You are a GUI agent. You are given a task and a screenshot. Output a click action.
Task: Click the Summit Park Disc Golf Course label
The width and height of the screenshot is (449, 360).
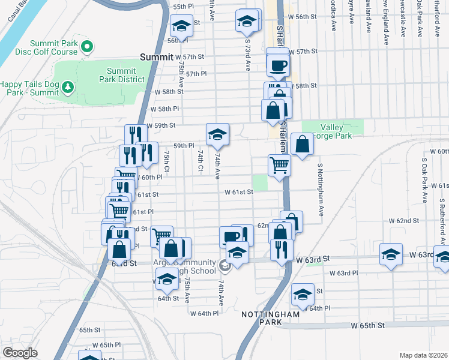click(x=47, y=47)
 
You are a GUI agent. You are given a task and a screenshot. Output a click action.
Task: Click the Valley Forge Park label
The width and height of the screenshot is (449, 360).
click(x=340, y=131)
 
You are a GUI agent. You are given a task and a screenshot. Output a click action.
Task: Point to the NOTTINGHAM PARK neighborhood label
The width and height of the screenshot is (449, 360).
click(x=270, y=318)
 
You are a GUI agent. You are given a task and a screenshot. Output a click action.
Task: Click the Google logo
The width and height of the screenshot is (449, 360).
click(x=20, y=353)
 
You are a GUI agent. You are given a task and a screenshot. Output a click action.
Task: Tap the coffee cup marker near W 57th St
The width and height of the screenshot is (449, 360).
click(x=278, y=65)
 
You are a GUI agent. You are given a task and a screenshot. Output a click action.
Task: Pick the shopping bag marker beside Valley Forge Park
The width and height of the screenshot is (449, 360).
click(x=303, y=144)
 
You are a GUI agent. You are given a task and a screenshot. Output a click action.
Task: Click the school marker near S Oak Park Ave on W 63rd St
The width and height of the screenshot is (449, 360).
click(x=391, y=254)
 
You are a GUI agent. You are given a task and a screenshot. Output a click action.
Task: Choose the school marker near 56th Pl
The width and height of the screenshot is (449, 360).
click(x=180, y=26)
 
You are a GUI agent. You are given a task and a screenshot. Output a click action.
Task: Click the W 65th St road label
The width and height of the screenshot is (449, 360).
click(x=368, y=325)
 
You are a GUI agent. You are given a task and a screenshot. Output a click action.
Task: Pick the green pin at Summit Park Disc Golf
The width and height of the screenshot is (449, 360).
click(x=86, y=46)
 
